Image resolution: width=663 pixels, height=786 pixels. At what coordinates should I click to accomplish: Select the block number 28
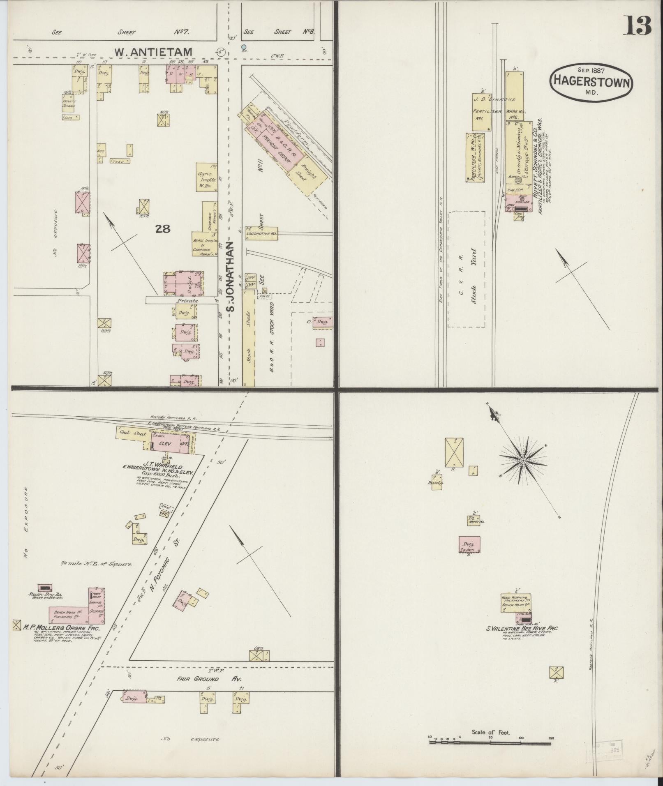point(163,229)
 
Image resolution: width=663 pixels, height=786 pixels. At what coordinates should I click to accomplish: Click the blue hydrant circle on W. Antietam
point(244,47)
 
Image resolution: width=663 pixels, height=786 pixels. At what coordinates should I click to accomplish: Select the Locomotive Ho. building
point(261,233)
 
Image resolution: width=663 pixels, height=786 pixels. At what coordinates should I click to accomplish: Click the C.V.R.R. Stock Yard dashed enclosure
point(466,269)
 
